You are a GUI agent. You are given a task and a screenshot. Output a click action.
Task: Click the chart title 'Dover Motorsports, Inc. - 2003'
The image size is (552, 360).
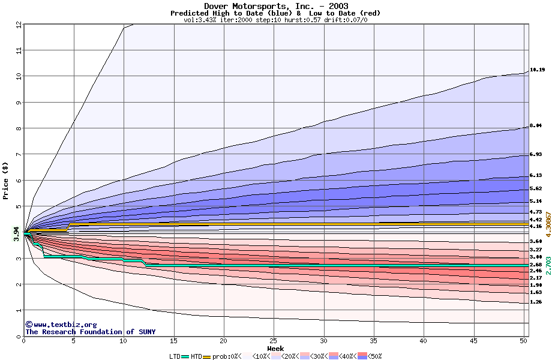[275, 6]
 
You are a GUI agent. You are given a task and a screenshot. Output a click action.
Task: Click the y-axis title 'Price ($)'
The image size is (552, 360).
[6, 181]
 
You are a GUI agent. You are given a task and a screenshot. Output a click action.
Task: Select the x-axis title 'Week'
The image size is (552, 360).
[275, 349]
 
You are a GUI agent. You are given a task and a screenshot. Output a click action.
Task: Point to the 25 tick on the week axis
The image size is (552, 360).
[274, 341]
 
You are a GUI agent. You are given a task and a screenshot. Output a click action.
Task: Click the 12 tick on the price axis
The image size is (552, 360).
[18, 25]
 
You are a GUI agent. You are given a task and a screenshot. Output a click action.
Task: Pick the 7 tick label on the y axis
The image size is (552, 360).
[18, 154]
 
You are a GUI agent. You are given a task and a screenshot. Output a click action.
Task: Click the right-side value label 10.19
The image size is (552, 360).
[537, 70]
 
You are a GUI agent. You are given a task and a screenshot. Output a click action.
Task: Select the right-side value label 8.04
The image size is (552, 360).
[536, 126]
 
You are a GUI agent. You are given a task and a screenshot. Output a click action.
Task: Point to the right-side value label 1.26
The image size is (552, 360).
[536, 302]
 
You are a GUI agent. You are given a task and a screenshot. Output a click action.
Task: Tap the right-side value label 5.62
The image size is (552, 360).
[536, 188]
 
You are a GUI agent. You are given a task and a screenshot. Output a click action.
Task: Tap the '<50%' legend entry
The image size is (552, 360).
[369, 356]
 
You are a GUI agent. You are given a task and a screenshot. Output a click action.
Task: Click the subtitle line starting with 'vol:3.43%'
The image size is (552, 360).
[275, 20]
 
